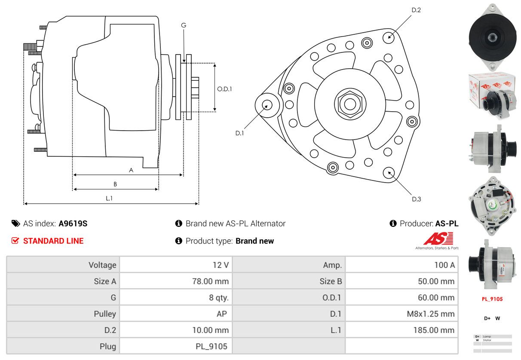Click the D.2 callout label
tap(416, 9)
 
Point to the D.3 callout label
tap(416, 199)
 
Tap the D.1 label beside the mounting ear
tap(239, 133)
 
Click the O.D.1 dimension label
tap(224, 89)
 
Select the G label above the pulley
tap(184, 25)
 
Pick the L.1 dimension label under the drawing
tap(109, 198)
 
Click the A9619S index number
tap(73, 223)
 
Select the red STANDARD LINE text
tap(53, 241)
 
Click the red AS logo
tap(438, 239)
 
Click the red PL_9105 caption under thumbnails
tap(492, 299)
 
